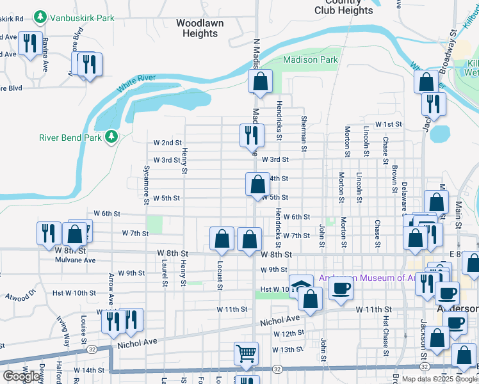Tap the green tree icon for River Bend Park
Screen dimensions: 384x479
click(111, 137)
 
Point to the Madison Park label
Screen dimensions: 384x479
click(311, 60)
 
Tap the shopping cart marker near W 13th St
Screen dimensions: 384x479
click(247, 353)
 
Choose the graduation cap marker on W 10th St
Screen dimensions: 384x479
click(300, 285)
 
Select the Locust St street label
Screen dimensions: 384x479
click(218, 278)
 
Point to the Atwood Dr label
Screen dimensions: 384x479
click(19, 298)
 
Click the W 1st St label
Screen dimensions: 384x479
click(388, 124)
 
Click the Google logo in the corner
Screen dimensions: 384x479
click(21, 376)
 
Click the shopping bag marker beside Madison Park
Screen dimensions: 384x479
click(260, 82)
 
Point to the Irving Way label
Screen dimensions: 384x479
click(64, 330)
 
